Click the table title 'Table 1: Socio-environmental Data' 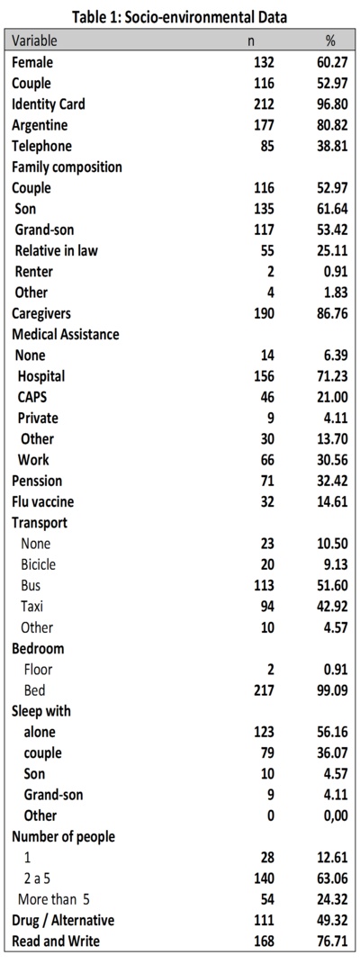tap(179, 17)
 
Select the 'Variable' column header tap(34, 41)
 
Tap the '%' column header tap(330, 41)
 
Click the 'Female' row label tap(32, 62)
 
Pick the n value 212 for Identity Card tap(264, 104)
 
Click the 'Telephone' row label tap(41, 146)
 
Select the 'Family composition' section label tap(67, 167)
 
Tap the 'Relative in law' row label tap(57, 250)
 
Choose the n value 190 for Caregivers tap(264, 313)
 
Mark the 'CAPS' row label tap(31, 397)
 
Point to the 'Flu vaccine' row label tap(43, 501)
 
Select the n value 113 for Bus tap(264, 585)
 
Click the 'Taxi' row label tap(31, 606)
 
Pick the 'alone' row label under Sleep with tap(40, 732)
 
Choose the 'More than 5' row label tap(54, 899)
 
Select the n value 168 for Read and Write tap(264, 941)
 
